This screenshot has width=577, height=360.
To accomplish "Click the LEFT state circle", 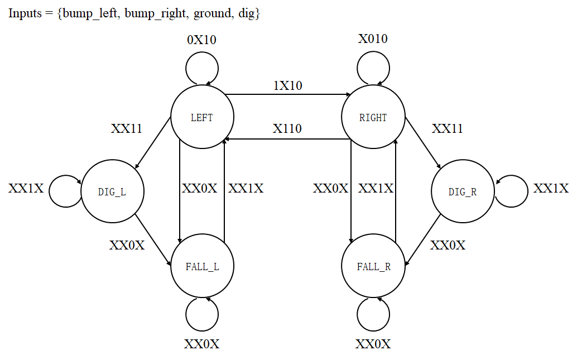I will tap(202, 118).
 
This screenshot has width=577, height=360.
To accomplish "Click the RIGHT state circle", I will tap(373, 118).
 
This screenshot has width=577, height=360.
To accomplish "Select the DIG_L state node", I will tap(112, 191).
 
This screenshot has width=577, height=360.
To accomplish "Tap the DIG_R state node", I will tap(463, 191).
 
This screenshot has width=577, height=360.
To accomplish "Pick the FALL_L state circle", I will tap(202, 266).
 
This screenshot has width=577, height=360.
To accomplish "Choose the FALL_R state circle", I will tap(373, 266).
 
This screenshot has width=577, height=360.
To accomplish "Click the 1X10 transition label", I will tap(287, 85).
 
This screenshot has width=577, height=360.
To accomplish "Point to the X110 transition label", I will tap(287, 128).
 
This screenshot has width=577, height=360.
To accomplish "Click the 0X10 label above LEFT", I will tap(201, 40).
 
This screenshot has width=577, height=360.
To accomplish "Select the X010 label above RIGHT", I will tap(372, 39).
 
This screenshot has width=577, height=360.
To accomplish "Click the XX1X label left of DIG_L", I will tap(26, 189).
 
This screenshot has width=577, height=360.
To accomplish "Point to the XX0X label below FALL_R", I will tap(373, 344).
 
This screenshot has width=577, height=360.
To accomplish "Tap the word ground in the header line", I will tap(212, 13).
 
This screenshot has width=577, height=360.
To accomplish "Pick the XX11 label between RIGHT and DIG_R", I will tap(447, 129).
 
